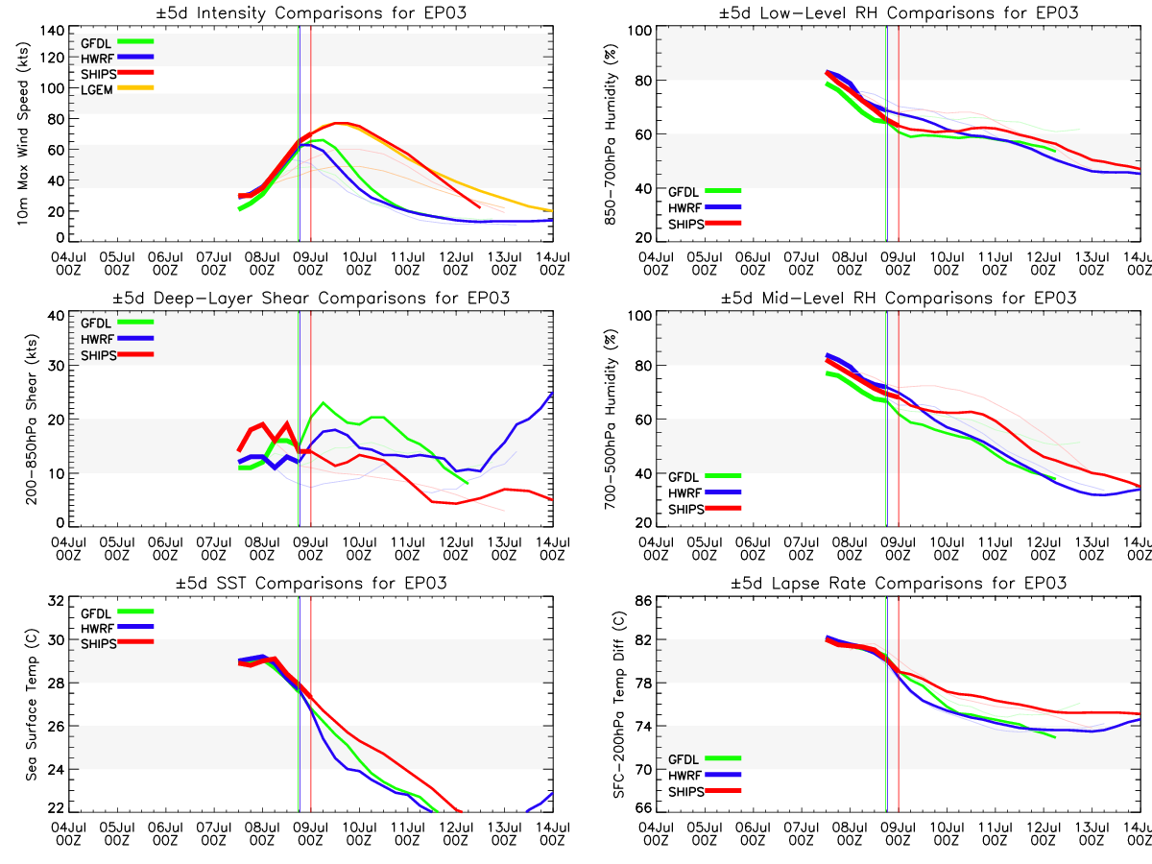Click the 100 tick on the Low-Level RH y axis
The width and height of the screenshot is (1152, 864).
pyautogui.click(x=637, y=30)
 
